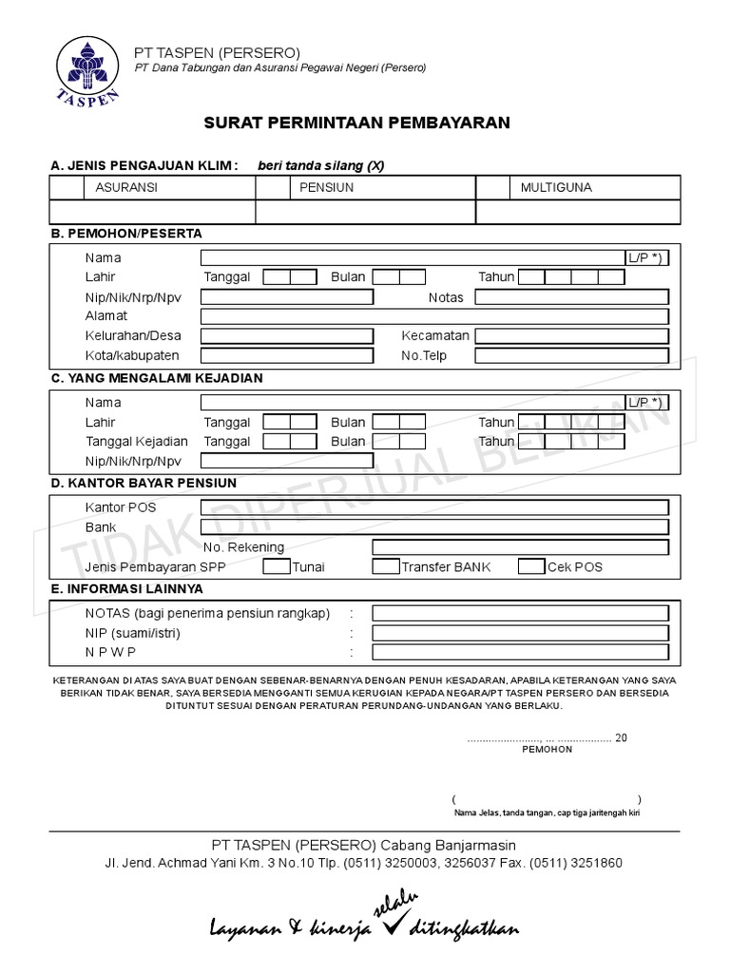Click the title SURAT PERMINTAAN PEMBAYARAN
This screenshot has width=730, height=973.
(x=356, y=123)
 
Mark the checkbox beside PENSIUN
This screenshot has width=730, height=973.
(x=273, y=188)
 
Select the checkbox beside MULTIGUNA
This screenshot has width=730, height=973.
(x=492, y=188)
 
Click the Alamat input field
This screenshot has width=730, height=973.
(x=434, y=316)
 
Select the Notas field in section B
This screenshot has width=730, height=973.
(x=571, y=297)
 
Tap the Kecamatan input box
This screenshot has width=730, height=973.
(x=571, y=336)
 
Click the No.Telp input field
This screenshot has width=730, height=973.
(x=571, y=356)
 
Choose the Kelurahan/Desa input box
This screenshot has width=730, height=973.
(x=286, y=336)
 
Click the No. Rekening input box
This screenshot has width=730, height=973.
(x=520, y=547)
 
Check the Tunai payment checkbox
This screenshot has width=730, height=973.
(x=276, y=567)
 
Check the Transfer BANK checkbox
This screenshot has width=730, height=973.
(x=385, y=567)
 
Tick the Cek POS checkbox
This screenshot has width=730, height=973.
(x=531, y=567)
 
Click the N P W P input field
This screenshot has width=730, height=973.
(x=520, y=653)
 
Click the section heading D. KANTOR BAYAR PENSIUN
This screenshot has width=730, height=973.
(x=144, y=483)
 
